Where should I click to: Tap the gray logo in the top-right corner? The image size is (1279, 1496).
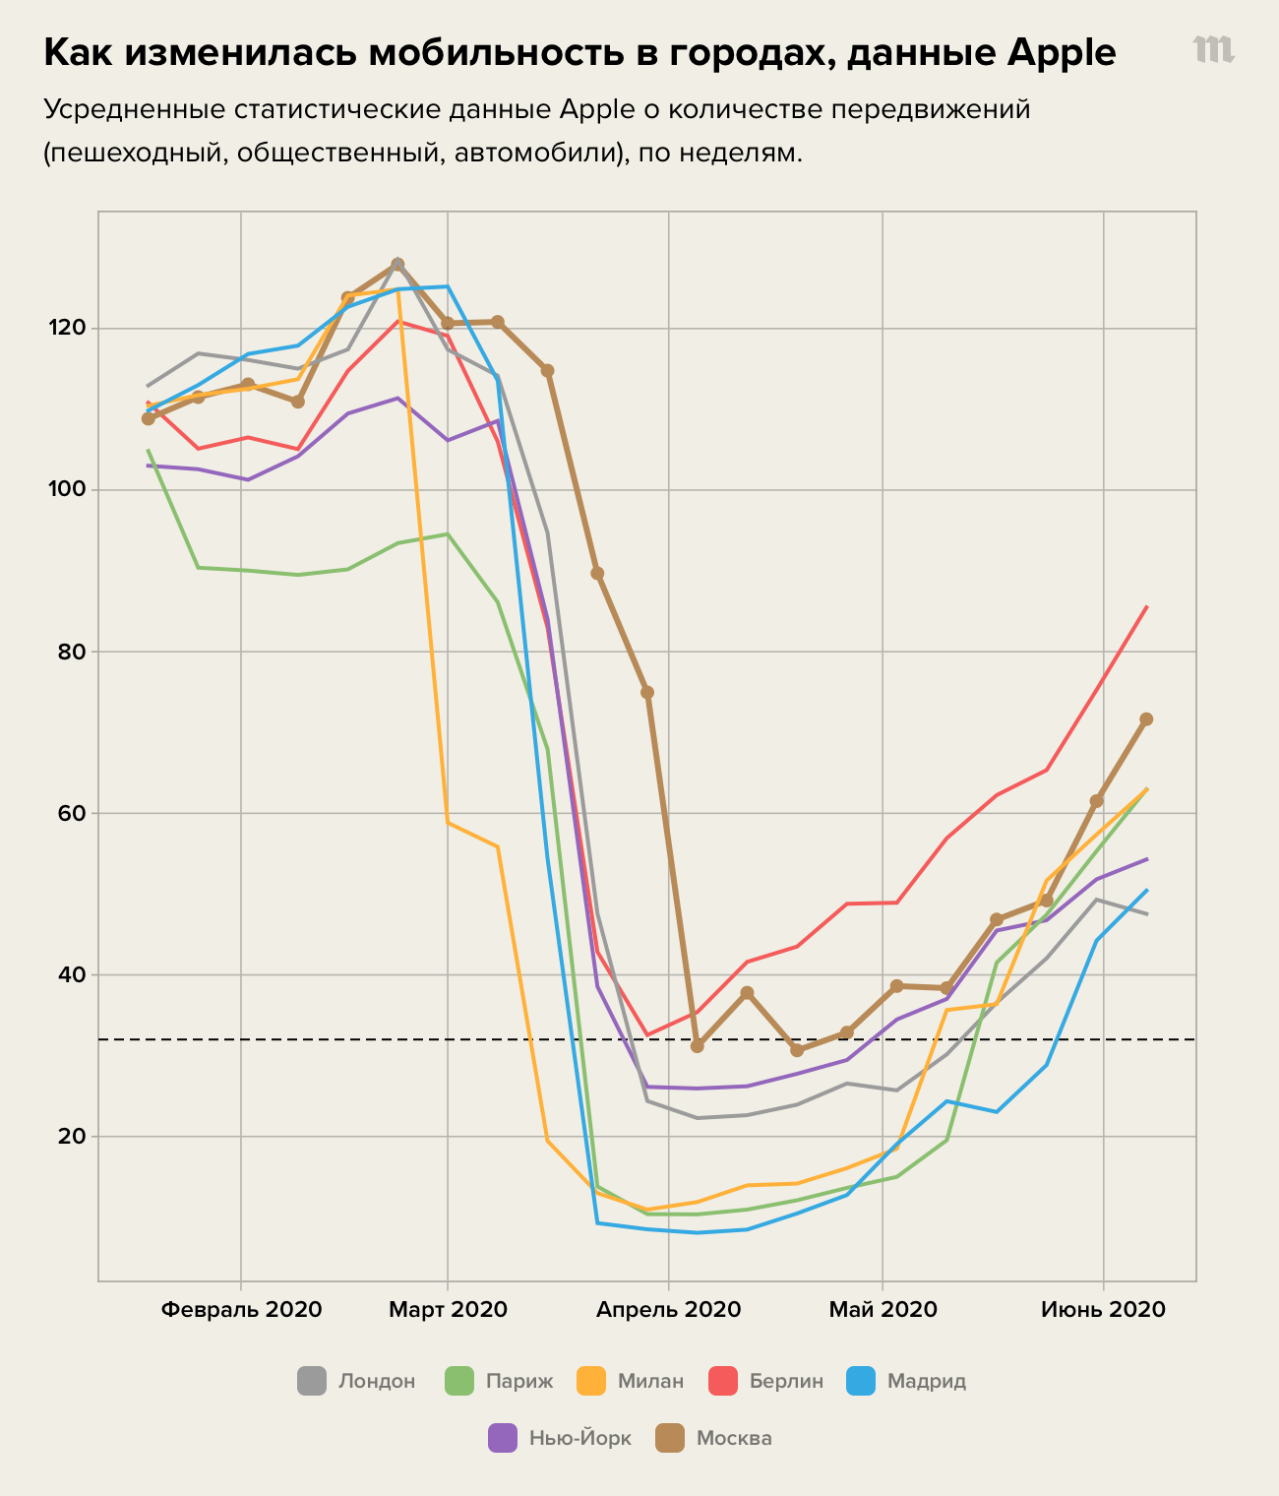coord(1213,50)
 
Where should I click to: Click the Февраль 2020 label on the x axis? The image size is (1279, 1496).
coord(241,1310)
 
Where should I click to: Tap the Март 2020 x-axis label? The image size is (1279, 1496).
coord(448,1310)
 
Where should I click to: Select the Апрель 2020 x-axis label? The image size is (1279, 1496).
coord(668,1310)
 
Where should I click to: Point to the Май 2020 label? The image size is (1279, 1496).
coord(883,1310)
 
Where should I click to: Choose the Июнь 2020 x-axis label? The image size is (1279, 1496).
coord(1103,1310)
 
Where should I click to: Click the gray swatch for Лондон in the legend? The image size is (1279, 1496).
coord(312,1381)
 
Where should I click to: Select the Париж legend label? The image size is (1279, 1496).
coord(519,1381)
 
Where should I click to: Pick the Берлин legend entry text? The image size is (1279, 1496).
coord(786,1381)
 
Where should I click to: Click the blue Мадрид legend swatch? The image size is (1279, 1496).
coord(861,1381)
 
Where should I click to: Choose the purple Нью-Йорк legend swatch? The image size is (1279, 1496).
coord(503,1438)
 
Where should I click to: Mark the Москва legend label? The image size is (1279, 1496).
coord(734,1438)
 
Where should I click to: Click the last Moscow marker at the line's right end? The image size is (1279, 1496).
coord(1146,719)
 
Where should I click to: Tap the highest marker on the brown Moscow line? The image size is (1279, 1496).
coord(397,265)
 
